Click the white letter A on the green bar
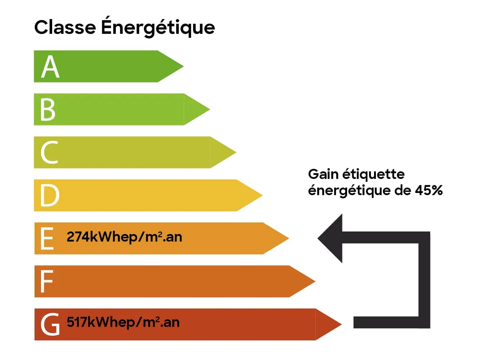click(x=50, y=67)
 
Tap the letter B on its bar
click(x=48, y=109)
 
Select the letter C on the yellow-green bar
click(x=49, y=153)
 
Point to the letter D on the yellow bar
click(x=50, y=195)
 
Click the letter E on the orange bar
click(x=47, y=238)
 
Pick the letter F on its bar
click(x=47, y=282)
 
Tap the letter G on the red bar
click(x=50, y=324)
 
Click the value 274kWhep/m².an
click(x=124, y=237)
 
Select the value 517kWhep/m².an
click(x=123, y=322)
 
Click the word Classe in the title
click(x=65, y=27)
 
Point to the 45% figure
click(x=429, y=190)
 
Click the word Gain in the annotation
click(x=323, y=174)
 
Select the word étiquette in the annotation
click(x=373, y=174)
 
